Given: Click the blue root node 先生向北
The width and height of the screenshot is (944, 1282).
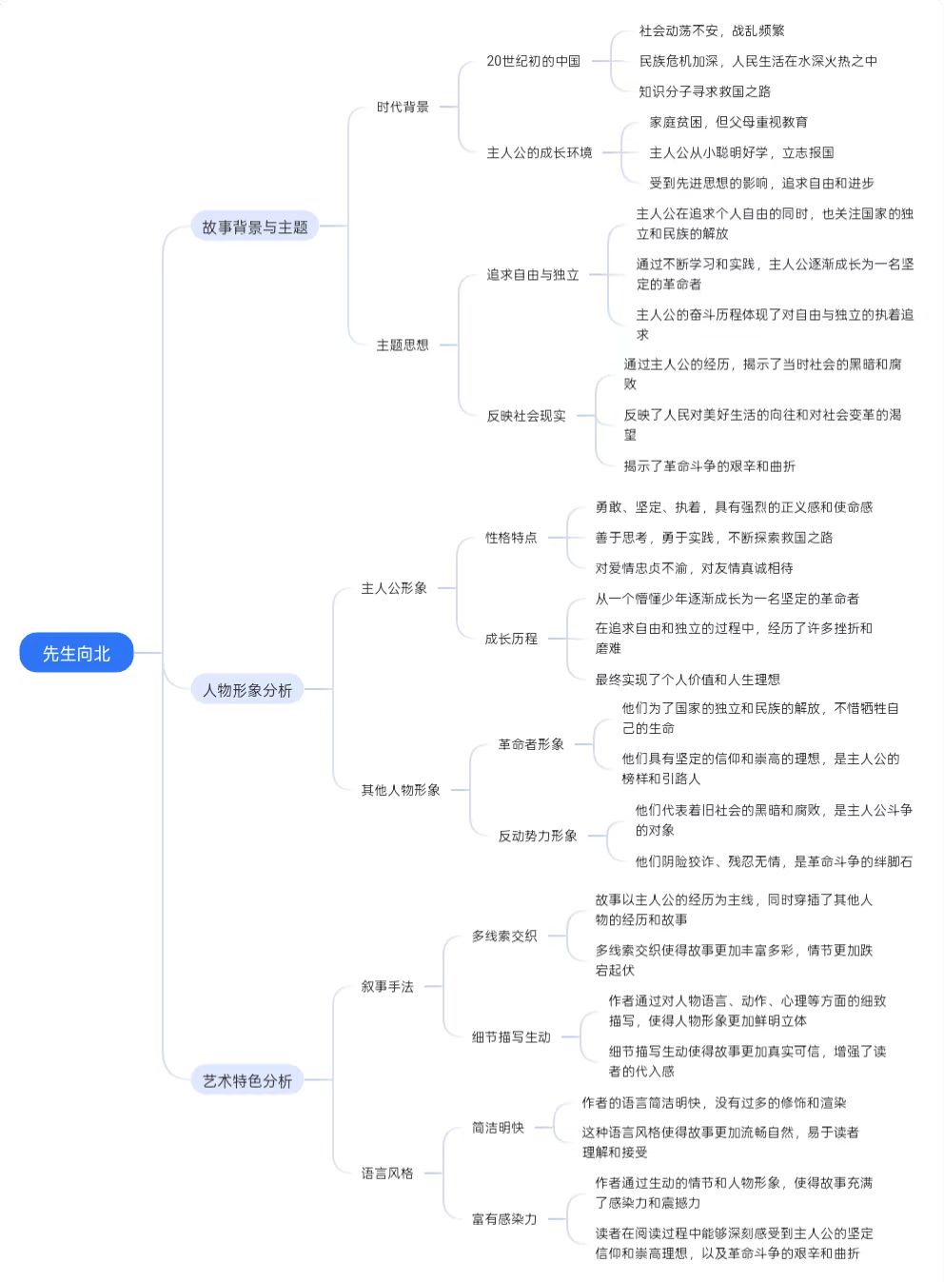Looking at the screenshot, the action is pos(76,653).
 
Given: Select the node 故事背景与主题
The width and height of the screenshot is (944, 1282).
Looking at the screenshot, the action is pos(255,227).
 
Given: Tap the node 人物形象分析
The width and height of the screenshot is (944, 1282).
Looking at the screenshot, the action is pos(247,689).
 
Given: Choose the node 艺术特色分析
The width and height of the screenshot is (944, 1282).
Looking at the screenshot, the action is pos(247,1080).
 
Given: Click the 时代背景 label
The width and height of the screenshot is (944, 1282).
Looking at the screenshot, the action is pos(403,107).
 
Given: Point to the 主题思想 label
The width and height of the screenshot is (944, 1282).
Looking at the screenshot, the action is pos(403,345).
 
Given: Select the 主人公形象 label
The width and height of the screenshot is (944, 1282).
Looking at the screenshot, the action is pos(394,588).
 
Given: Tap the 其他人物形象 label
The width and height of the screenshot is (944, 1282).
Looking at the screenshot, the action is pos(401,790).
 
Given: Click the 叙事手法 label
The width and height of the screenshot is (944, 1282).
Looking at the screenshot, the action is pos(387,986).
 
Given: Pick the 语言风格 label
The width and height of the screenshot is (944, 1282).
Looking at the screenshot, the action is pos(387,1173).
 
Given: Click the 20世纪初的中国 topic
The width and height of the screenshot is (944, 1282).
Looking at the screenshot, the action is pos(533,61).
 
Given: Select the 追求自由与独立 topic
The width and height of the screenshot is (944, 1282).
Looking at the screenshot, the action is pos(533,275).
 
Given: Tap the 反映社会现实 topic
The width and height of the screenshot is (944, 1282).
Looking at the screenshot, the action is pos(526,416).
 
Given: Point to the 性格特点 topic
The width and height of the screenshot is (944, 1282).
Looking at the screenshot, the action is pos(511,537).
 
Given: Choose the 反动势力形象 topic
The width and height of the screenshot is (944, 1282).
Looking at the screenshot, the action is pos(538,836).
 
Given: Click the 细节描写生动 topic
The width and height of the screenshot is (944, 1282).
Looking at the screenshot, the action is pos(511,1036).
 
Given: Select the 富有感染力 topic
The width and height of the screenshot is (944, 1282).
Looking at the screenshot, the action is pos(504,1218).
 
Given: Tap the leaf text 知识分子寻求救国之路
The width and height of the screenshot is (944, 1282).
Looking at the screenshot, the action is pos(705,91).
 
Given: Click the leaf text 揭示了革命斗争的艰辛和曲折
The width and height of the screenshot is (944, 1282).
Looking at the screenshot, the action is pos(710,465).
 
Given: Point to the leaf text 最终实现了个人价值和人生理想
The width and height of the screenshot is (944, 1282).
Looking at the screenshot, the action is pos(688,680).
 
